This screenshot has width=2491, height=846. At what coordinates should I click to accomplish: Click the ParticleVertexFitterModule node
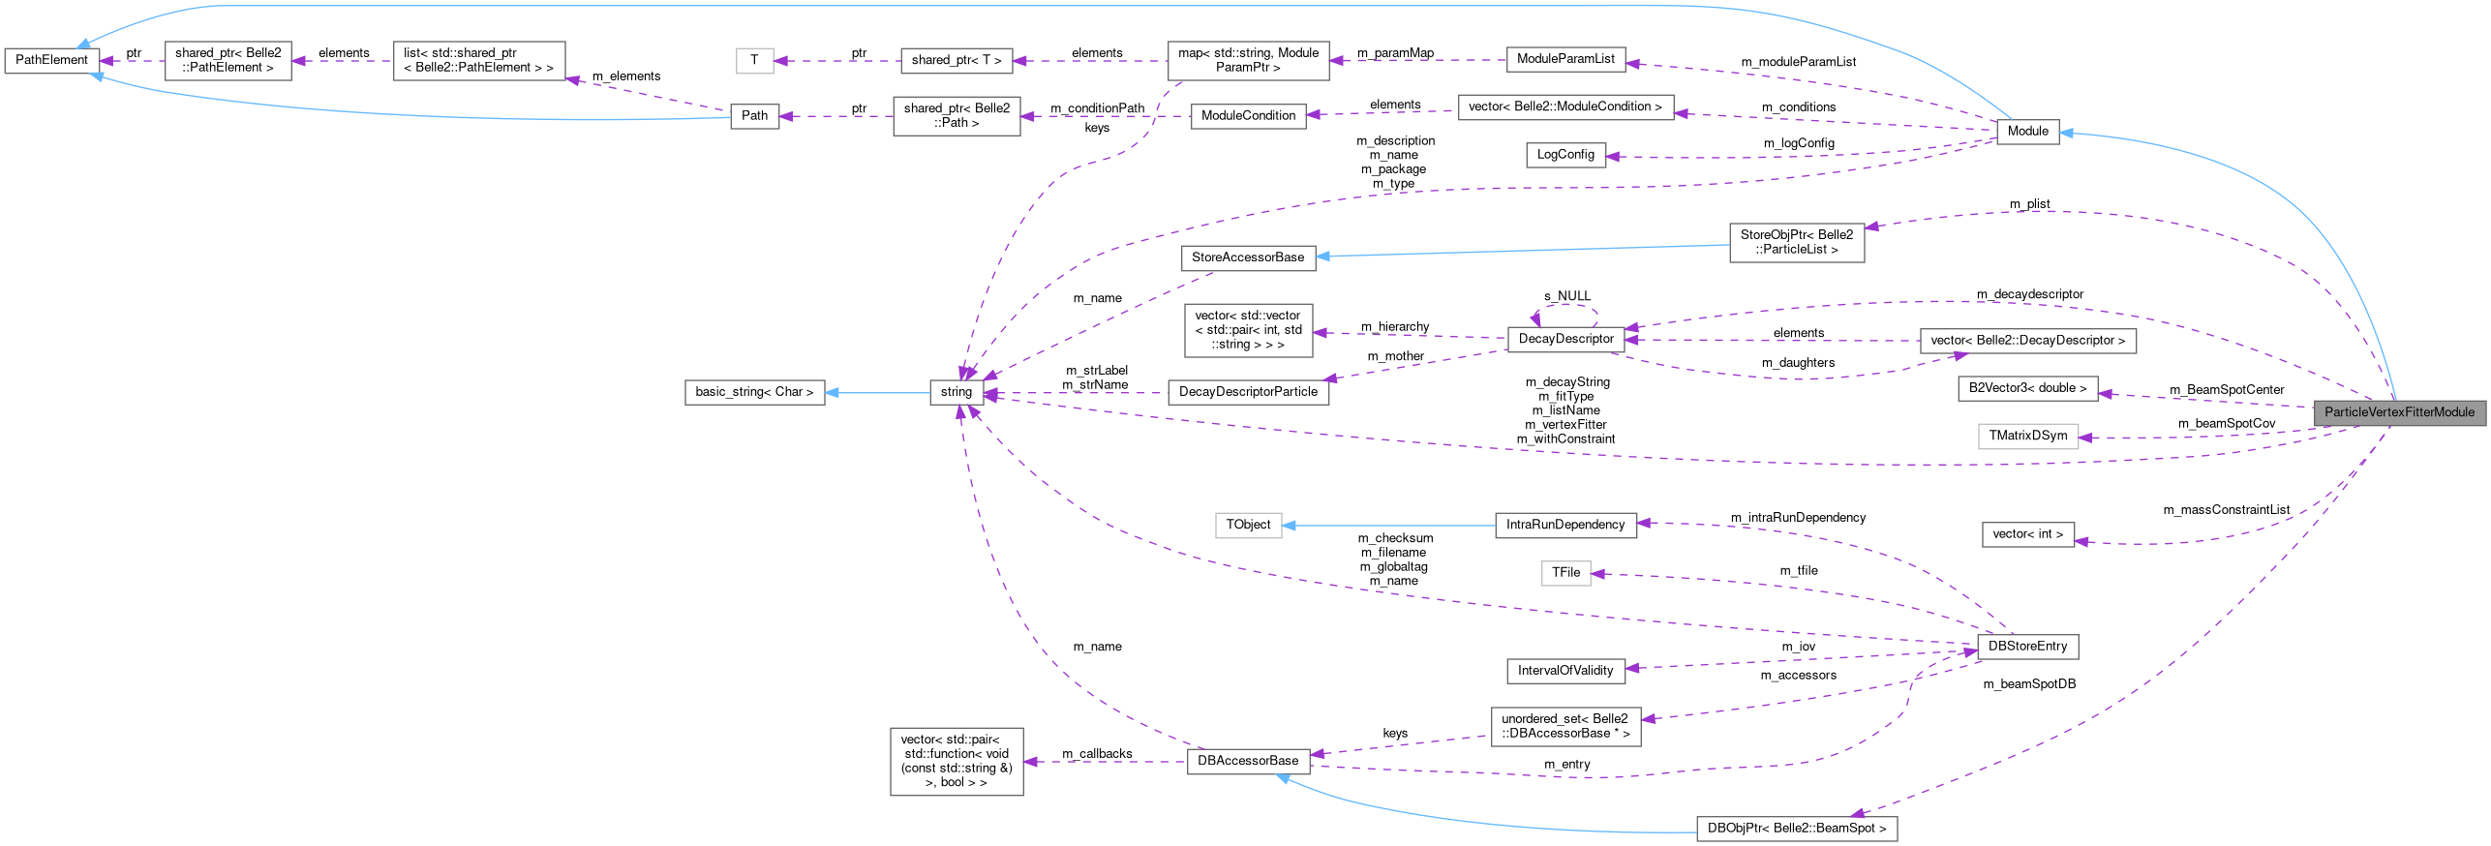tap(2399, 411)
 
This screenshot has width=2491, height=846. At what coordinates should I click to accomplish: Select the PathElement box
tap(51, 60)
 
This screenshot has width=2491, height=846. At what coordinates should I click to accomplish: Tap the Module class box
tap(2027, 131)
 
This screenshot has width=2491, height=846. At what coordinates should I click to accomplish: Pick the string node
tap(956, 392)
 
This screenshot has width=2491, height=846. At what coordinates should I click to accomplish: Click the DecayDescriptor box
tap(1565, 339)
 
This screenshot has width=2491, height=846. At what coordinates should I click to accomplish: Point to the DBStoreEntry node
tap(2026, 646)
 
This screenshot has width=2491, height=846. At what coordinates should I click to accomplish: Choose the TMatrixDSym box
tap(2027, 436)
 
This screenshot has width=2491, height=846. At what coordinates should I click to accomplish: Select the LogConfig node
tap(1565, 154)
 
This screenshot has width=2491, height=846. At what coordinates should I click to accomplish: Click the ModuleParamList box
tap(1565, 59)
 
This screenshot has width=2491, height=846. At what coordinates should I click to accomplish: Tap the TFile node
tap(1565, 573)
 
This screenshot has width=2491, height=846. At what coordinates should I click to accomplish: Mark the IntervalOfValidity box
tap(1565, 670)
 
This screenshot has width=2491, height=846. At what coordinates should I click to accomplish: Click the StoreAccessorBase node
tap(1248, 257)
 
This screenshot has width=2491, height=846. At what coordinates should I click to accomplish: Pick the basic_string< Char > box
tap(754, 392)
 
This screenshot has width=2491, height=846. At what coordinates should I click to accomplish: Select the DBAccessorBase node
tap(1248, 761)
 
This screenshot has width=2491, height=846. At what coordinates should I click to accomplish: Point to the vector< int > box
tap(2027, 533)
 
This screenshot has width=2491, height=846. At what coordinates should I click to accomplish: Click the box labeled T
tap(754, 60)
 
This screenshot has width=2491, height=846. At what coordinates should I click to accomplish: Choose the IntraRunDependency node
tap(1564, 525)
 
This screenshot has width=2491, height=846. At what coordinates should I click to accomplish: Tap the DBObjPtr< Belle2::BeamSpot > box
tap(1796, 829)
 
